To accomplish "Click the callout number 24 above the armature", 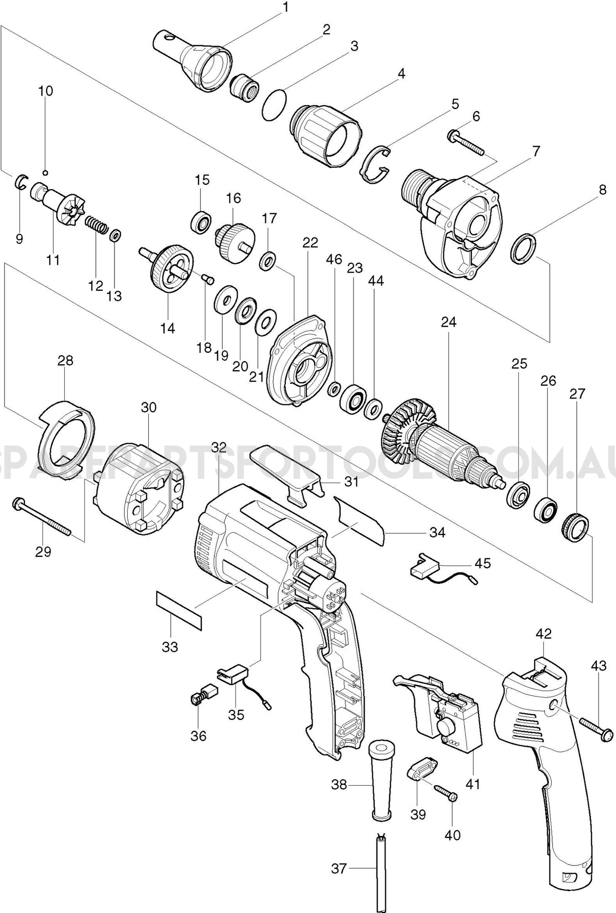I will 449,322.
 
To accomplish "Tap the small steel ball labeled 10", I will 45,172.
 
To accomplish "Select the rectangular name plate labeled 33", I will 179,611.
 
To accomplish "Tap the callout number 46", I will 334,260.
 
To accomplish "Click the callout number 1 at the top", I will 286,7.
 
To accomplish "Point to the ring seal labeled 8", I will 523,248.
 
